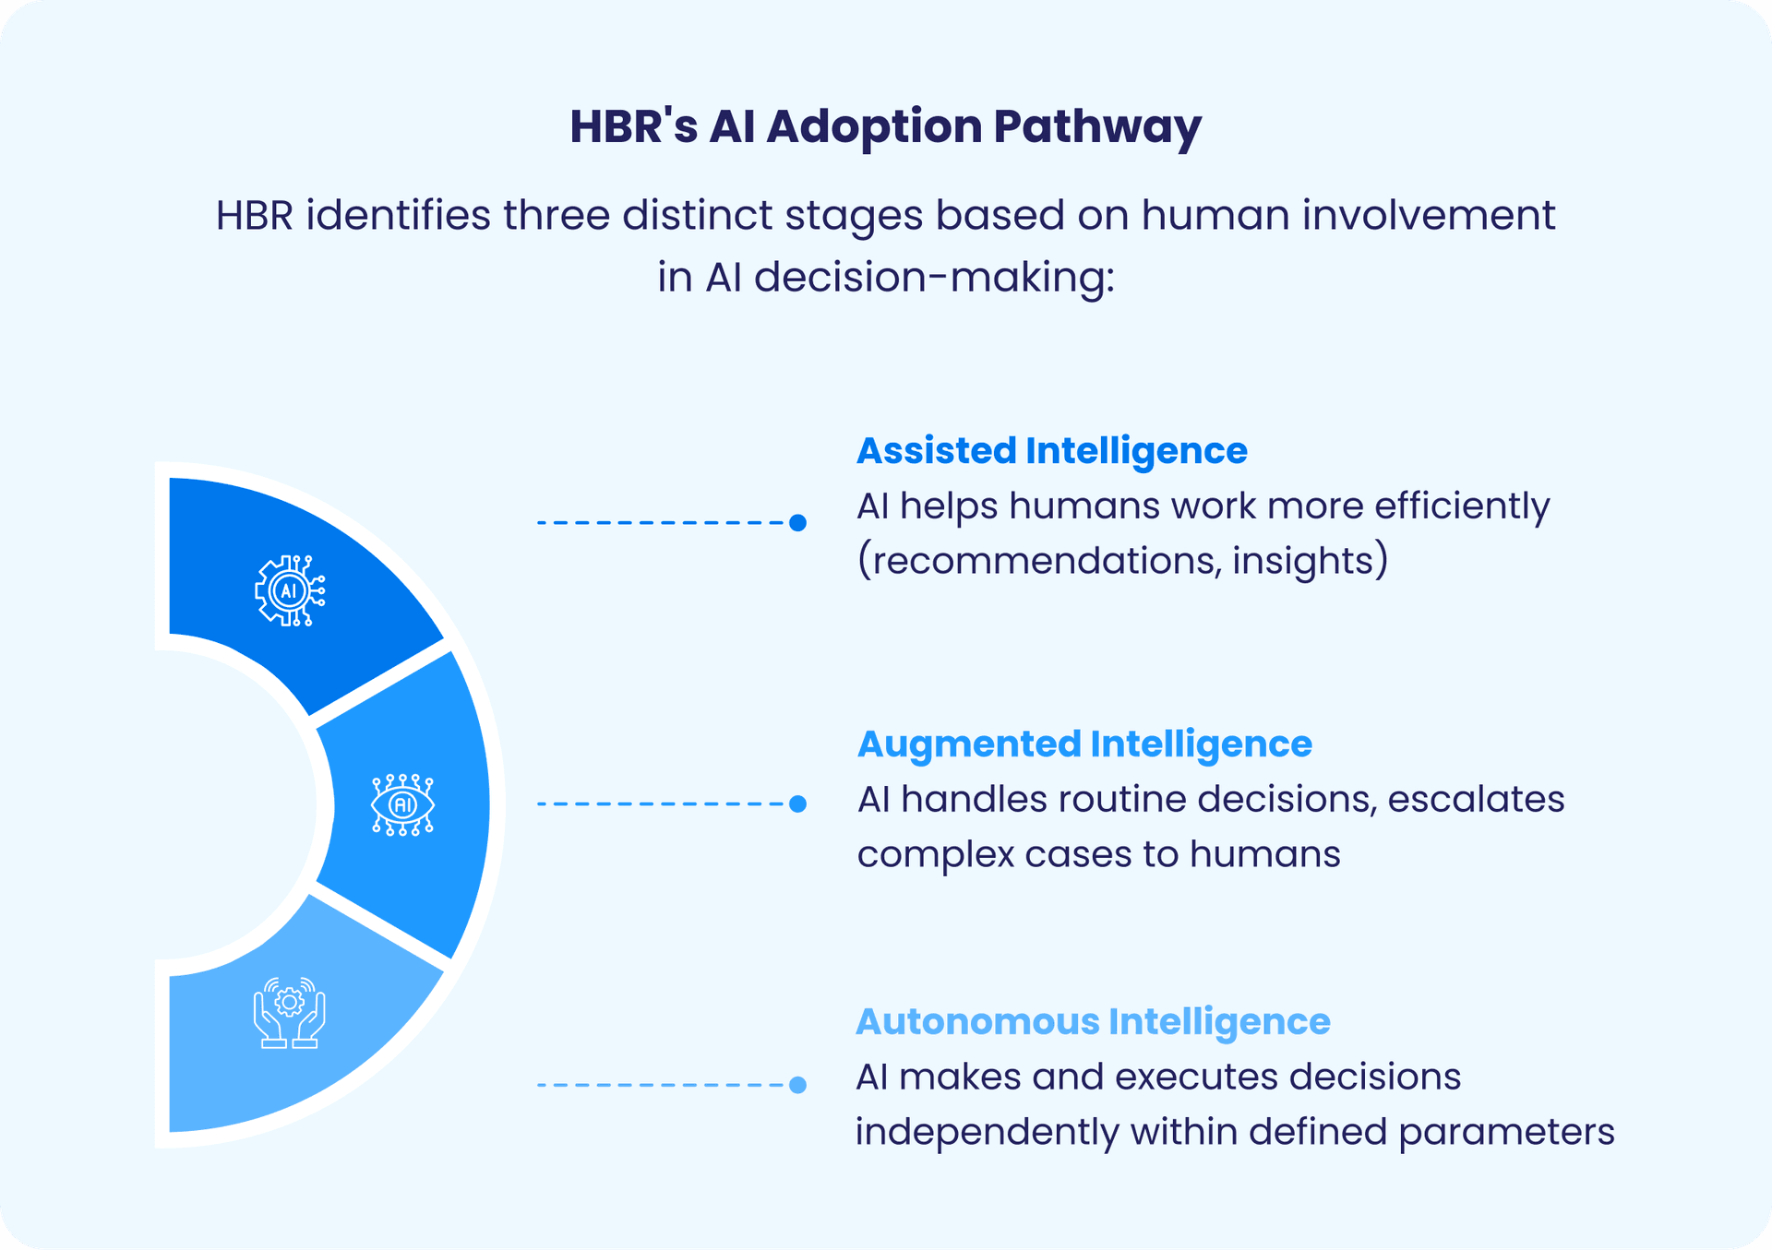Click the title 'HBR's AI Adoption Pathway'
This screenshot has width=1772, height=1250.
pos(884,126)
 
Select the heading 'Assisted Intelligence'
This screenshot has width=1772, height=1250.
pos(1051,451)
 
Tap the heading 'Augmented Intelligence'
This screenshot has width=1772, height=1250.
pos(1084,744)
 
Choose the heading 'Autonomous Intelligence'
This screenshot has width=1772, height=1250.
pos(1093,1022)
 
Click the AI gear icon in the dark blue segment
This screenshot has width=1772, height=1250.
pos(290,591)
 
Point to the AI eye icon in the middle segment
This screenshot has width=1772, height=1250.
pos(402,804)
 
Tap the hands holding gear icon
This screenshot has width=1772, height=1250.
pos(290,1013)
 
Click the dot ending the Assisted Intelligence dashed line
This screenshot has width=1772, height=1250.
pos(798,523)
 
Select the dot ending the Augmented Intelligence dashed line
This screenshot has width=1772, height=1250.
pos(798,804)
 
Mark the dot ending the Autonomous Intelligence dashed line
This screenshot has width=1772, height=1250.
pos(798,1085)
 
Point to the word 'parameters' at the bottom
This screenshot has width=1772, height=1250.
pos(1506,1133)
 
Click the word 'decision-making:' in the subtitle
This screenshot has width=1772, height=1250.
pos(934,278)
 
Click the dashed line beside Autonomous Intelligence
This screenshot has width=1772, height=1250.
pos(660,1085)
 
